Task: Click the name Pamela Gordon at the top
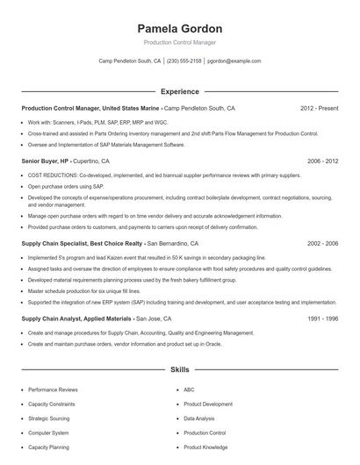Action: coord(179,28)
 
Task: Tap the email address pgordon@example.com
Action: coord(234,61)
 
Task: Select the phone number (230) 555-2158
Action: coord(184,61)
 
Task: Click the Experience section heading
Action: coord(179,90)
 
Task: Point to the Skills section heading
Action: coord(179,370)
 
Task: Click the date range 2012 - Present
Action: coord(320,109)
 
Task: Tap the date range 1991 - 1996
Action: coord(321,319)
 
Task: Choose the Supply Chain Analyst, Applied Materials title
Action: coord(77,319)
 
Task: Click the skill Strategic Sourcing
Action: coord(49,418)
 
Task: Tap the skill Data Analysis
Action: coord(199,418)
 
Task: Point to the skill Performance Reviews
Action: coord(53,390)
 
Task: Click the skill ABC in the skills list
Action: coord(189,390)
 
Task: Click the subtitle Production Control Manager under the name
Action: coord(179,42)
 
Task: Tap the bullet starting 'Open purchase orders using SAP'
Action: coord(65,186)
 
